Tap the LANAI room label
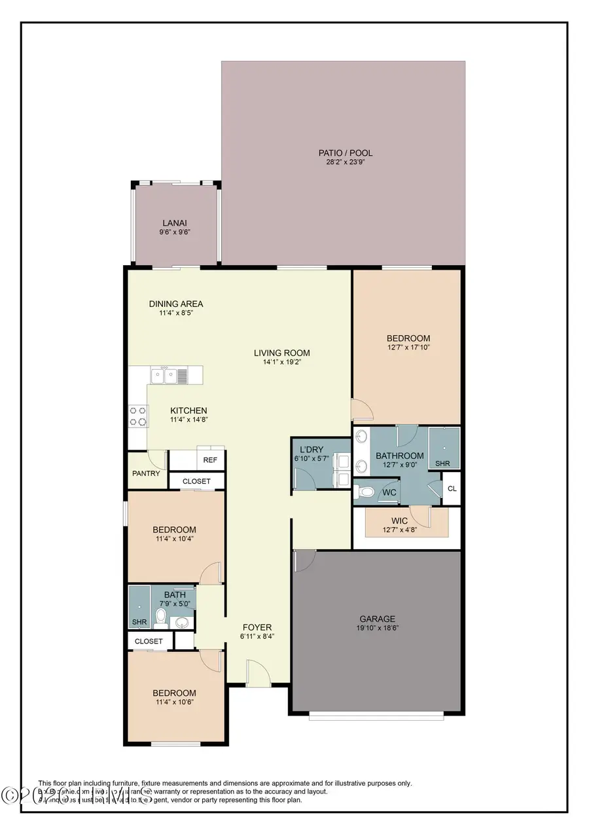click(x=175, y=223)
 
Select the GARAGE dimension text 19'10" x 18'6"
click(x=378, y=628)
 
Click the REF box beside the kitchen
click(x=209, y=460)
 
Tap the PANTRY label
click(x=146, y=473)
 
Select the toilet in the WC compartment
click(x=368, y=492)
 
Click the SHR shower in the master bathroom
click(x=444, y=448)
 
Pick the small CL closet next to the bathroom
click(x=452, y=488)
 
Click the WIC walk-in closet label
click(x=399, y=521)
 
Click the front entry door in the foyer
click(x=259, y=673)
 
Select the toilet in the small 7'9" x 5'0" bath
click(x=160, y=615)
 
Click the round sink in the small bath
click(x=183, y=621)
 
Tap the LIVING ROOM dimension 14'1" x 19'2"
click(x=281, y=362)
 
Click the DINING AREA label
click(x=176, y=304)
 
